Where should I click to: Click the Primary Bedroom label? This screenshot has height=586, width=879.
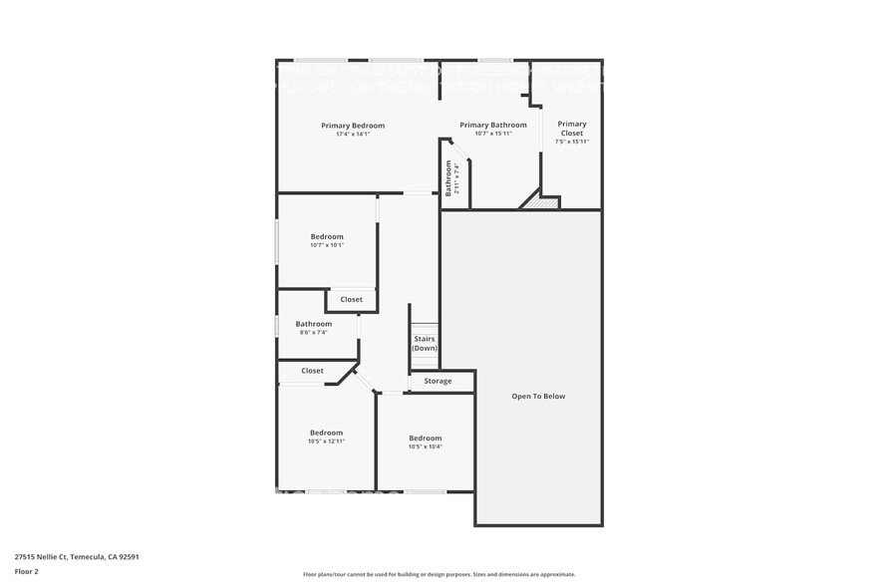[x=353, y=126]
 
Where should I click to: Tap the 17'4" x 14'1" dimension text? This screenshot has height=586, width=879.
[x=353, y=135]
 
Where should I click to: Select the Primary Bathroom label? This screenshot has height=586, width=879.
[x=493, y=125]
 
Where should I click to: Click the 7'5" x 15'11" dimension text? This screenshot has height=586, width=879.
[x=572, y=142]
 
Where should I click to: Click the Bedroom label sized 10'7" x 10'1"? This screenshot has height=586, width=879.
[x=327, y=236]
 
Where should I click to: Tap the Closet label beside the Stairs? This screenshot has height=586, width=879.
[x=351, y=299]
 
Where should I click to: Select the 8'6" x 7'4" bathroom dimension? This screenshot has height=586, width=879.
[x=313, y=333]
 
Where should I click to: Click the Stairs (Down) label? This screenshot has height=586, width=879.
[x=424, y=343]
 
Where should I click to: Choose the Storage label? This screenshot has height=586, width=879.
[x=438, y=381]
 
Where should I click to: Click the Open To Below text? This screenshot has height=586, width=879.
[x=538, y=396]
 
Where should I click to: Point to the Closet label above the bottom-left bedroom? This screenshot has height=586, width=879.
[x=312, y=371]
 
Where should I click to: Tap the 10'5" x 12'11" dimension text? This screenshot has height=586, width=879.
[x=326, y=441]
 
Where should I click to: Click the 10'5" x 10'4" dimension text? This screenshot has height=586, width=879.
[x=425, y=446]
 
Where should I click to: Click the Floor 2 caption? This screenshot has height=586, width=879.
[x=26, y=571]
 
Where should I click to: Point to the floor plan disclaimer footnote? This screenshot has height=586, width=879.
[x=439, y=574]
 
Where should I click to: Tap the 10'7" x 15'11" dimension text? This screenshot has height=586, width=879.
[x=493, y=134]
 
